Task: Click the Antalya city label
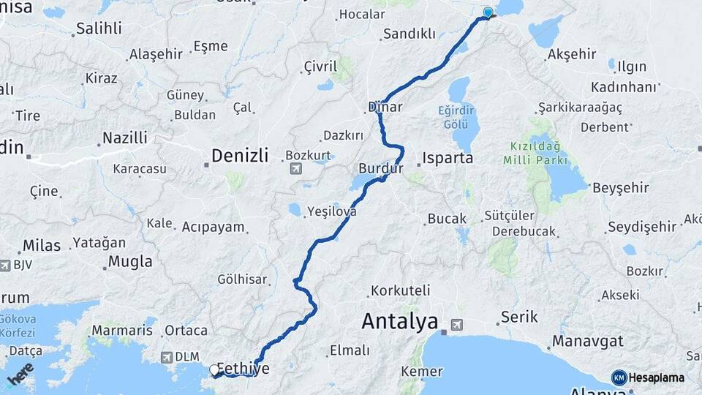399,321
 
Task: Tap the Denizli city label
240,155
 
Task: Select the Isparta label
448,157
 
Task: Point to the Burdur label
381,168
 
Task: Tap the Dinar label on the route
385,107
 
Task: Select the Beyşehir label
621,188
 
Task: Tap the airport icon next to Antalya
457,324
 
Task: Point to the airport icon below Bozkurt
295,170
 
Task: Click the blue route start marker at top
488,12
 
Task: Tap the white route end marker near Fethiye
214,370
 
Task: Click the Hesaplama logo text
656,377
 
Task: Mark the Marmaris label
122,331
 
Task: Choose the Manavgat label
587,341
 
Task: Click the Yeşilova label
332,211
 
